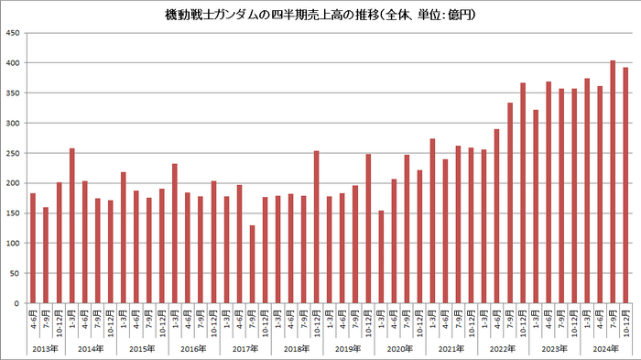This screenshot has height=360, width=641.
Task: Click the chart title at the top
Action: point(320,16)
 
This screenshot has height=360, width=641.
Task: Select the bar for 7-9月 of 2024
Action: point(613,182)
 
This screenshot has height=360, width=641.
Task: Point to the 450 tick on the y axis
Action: point(14,33)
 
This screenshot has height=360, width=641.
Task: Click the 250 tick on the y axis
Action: point(14,153)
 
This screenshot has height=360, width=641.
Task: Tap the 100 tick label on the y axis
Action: point(14,243)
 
